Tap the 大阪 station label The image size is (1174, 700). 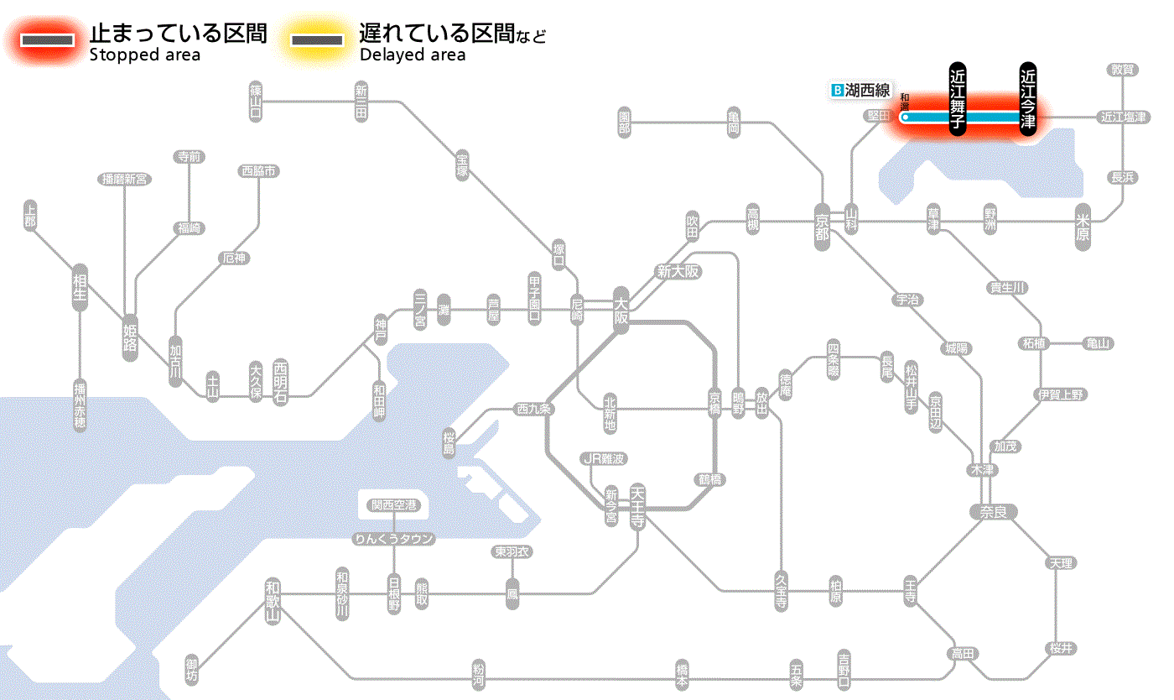point(621,310)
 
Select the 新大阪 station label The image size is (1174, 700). point(678,271)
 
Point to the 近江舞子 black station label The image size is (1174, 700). point(958,98)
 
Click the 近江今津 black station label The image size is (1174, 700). point(1027,98)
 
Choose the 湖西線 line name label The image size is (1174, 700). point(860,90)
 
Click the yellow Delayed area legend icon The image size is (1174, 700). point(316,40)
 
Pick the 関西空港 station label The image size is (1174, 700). point(394,505)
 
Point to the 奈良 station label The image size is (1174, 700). point(992,511)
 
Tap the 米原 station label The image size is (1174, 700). point(1083,227)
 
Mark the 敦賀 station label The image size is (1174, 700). point(1124,70)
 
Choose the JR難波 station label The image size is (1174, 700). point(604,458)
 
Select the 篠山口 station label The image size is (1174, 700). point(256,102)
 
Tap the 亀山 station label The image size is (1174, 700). point(1099,343)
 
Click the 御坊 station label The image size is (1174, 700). point(193,670)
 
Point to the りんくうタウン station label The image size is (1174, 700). point(394,539)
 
